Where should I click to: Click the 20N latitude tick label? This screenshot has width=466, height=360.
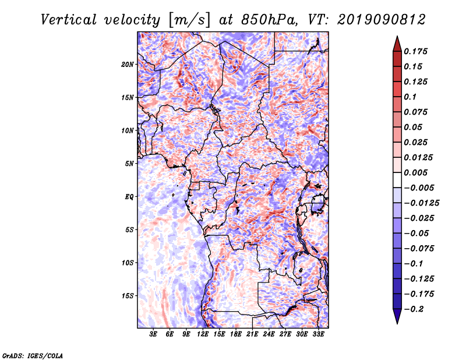coord(128,65)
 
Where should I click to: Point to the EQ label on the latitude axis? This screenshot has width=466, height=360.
coord(129,197)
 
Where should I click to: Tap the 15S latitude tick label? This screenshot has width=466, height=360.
coord(128,296)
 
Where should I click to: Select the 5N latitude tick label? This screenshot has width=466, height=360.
coord(129,164)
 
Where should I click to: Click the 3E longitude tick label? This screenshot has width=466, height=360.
coord(153,334)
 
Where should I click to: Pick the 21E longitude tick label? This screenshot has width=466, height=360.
coord(252,334)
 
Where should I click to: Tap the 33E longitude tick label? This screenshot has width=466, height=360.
coord(318,334)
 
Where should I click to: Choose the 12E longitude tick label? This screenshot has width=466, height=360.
coord(203,334)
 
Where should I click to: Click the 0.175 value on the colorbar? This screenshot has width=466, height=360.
coord(415,51)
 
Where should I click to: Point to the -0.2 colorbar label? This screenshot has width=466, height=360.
coord(414,309)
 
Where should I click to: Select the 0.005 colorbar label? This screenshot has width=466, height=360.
coord(415,172)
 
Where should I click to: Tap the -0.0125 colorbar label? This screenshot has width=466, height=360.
coord(421,203)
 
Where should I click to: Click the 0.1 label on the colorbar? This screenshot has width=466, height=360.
coord(410,97)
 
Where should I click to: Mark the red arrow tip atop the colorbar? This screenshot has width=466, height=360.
coord(397,37)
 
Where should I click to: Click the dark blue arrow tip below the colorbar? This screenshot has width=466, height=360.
coord(397,323)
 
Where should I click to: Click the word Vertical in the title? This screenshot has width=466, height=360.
coord(69,20)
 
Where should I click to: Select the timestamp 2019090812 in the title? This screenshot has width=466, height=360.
coord(382,20)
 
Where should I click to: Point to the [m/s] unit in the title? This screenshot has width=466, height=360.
coord(189,20)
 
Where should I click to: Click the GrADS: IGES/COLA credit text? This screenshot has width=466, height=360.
coord(32,355)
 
